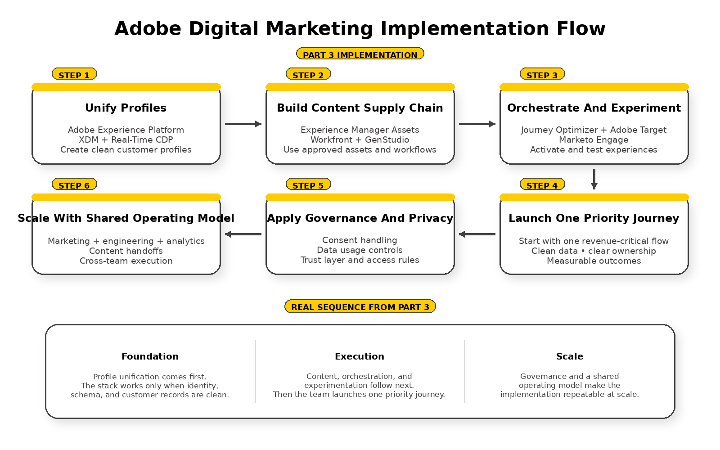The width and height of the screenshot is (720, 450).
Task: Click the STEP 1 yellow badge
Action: (74, 74)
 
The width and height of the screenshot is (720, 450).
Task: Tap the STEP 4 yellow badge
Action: (542, 184)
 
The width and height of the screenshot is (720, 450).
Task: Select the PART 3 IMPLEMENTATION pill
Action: (360, 54)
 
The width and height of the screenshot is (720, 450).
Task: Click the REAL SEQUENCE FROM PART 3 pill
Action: (360, 306)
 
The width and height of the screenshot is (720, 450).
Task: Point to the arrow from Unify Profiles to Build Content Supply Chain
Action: (243, 124)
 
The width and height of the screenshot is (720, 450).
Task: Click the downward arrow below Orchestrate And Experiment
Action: (594, 179)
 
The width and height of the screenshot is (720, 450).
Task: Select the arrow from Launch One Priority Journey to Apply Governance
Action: (477, 234)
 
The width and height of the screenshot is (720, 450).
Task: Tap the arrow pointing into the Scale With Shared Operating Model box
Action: (243, 234)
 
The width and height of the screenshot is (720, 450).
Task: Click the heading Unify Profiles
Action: (126, 108)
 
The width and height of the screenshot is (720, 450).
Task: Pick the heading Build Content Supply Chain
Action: (360, 108)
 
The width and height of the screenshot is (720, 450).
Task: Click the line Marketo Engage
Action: (594, 139)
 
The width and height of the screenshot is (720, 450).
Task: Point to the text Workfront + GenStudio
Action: (360, 139)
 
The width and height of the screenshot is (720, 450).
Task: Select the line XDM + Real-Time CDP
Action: (126, 139)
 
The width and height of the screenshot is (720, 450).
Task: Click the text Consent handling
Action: (360, 240)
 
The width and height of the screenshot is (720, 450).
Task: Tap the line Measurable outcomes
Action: (594, 261)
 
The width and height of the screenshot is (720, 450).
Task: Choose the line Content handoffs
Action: (126, 251)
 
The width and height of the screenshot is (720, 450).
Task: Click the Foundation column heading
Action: (150, 356)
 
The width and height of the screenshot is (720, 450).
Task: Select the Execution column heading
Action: (360, 356)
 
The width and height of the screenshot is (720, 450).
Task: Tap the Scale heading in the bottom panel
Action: (570, 356)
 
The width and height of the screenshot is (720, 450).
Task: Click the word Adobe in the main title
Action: (148, 29)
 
